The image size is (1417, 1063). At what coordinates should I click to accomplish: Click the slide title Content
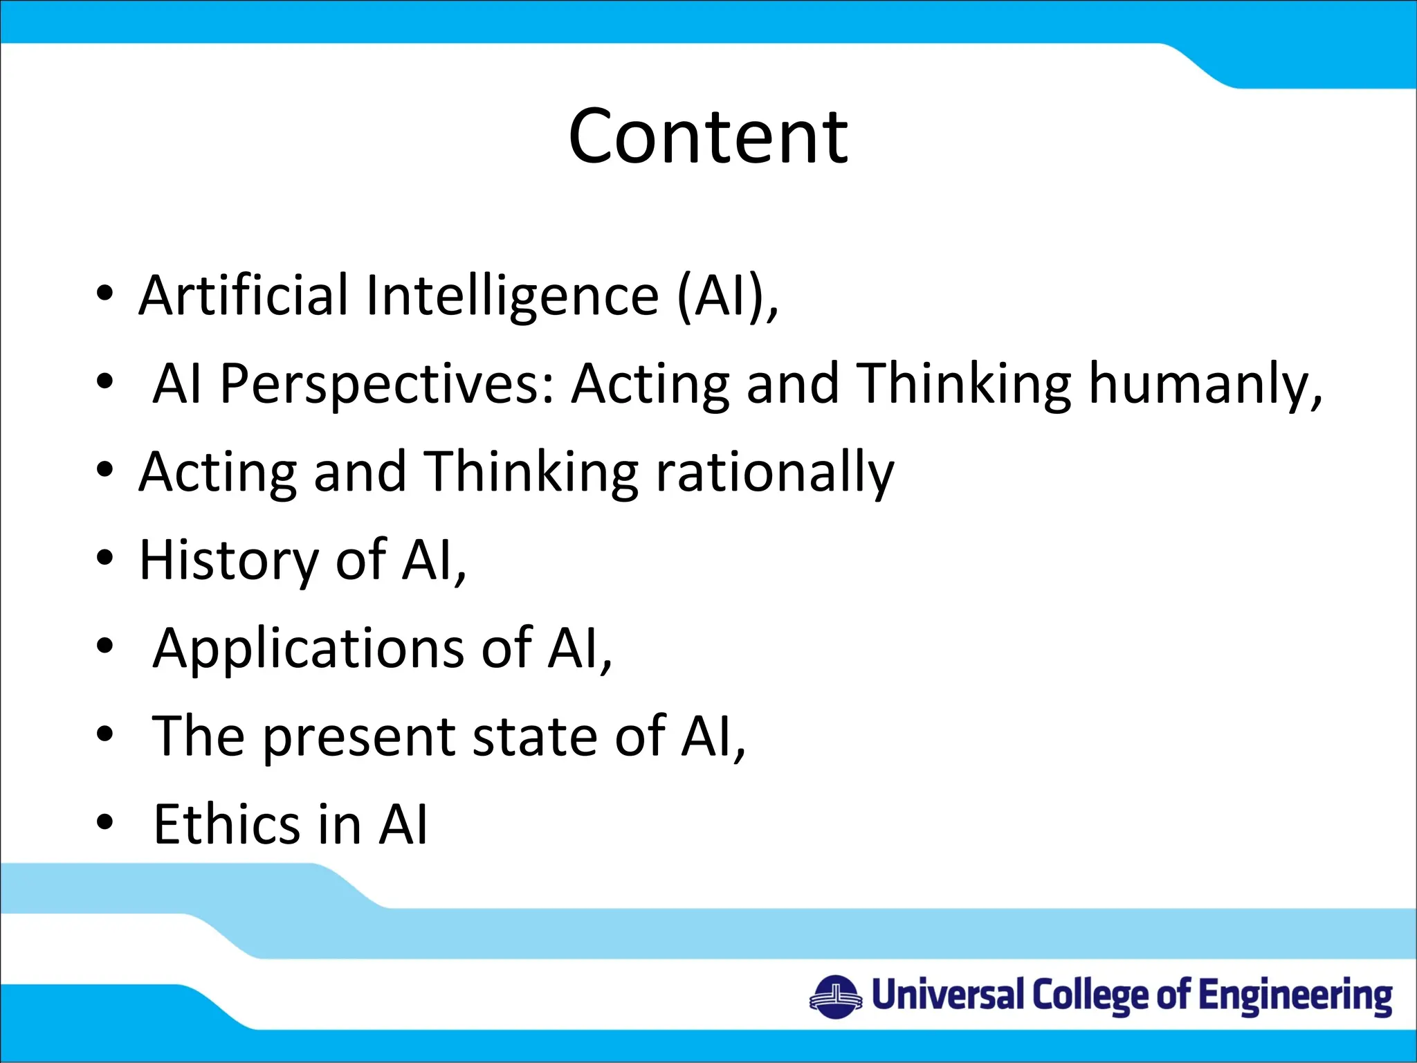(x=708, y=137)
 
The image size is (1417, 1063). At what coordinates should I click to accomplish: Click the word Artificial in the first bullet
(x=243, y=296)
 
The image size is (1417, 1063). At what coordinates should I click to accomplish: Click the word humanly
(x=1204, y=385)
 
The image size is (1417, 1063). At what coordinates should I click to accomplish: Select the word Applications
(x=309, y=649)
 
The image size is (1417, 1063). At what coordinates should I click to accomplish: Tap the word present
(x=360, y=738)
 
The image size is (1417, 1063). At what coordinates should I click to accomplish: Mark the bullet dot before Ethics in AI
(x=105, y=821)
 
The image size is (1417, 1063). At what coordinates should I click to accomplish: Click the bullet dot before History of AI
(x=105, y=557)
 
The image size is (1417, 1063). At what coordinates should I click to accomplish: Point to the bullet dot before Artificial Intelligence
(x=105, y=293)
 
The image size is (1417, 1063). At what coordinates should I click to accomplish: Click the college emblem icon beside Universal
(x=835, y=997)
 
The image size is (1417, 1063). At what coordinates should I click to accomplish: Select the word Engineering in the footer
(x=1295, y=997)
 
